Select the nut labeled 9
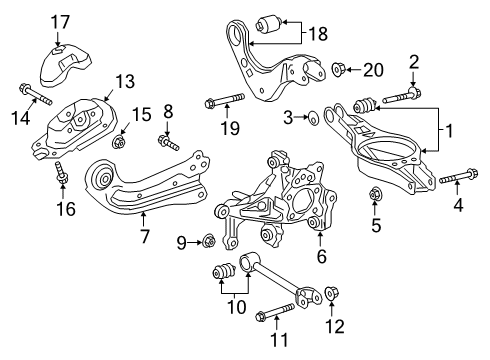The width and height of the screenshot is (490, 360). (207, 240)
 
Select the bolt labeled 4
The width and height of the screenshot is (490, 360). (447, 182)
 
